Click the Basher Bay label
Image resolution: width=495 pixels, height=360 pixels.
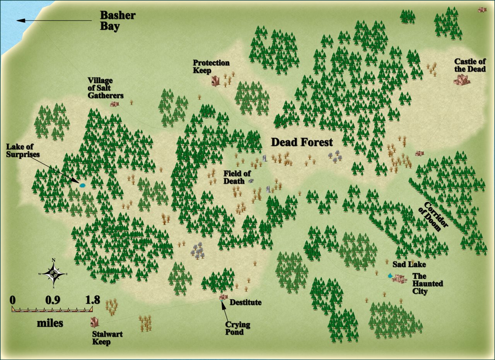[x=118, y=21]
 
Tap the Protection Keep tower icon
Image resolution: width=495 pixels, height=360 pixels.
[x=215, y=80]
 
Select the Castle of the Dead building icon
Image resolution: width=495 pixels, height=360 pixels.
[x=461, y=80]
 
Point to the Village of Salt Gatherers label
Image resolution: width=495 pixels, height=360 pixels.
[x=105, y=88]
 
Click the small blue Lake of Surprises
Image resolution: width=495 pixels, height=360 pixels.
[x=82, y=185]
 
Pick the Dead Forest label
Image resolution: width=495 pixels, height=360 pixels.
[x=302, y=142]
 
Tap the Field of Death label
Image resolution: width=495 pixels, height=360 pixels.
[x=237, y=177]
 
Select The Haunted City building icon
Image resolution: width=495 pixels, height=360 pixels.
[x=399, y=278]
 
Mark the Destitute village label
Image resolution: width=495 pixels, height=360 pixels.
[x=246, y=302]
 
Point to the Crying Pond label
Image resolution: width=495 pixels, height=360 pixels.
[x=237, y=328]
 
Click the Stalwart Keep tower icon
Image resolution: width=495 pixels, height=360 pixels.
[x=94, y=322]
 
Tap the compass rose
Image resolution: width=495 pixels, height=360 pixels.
[x=53, y=273]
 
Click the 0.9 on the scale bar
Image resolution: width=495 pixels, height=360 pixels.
[x=52, y=300]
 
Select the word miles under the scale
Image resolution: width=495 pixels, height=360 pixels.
[x=50, y=323]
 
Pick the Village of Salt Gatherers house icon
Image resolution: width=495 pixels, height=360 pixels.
[x=114, y=104]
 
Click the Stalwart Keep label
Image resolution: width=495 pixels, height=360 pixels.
[x=107, y=338]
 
